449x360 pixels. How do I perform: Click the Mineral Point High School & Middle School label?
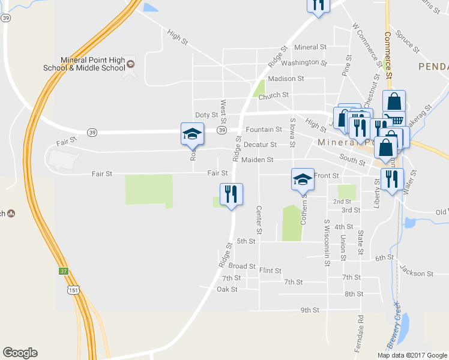(92, 64)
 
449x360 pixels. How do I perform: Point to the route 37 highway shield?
(64, 271)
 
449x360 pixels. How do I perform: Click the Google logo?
(20, 353)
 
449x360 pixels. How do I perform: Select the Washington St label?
(304, 62)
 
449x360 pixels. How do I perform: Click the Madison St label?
(286, 79)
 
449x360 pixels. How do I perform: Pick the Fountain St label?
(264, 130)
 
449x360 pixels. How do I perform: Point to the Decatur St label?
(260, 145)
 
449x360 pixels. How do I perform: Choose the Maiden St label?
(258, 160)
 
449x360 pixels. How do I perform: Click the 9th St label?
(310, 310)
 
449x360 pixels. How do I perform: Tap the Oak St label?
(227, 289)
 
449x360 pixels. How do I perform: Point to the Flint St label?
(270, 271)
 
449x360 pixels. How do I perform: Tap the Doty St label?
(206, 115)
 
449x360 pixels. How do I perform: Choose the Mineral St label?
(310, 47)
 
